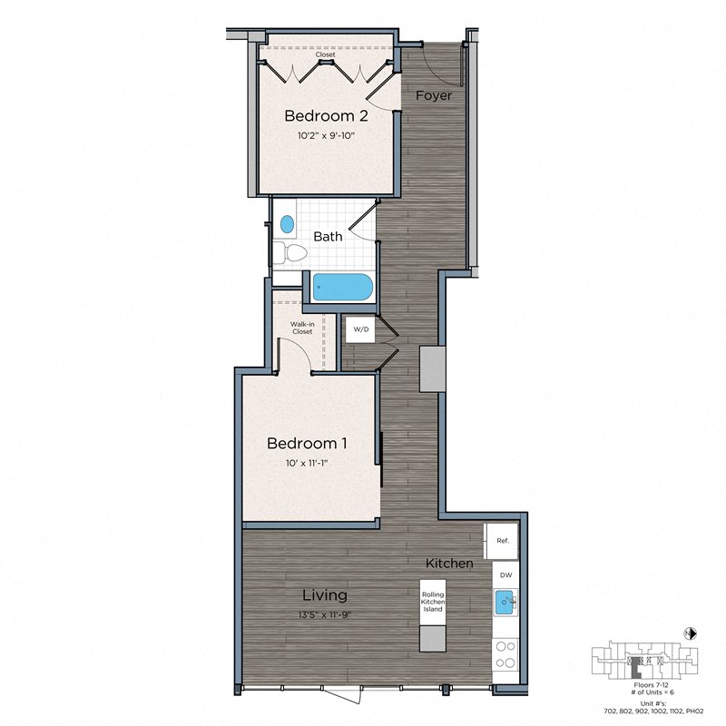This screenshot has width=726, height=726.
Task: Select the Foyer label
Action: tap(434, 95)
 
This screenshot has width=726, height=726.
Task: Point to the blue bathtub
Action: tap(343, 289)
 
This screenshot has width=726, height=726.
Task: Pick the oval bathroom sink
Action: tap(288, 223)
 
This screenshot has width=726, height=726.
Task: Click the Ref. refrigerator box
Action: tap(503, 541)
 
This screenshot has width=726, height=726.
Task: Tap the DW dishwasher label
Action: tap(505, 574)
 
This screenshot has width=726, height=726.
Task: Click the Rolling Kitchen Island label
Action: tap(433, 602)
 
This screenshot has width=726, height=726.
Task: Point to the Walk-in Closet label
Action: tap(301, 328)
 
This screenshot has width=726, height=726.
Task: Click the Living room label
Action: tap(325, 595)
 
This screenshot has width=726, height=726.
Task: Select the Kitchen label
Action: tap(449, 564)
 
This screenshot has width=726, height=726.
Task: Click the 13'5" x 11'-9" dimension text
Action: tap(323, 614)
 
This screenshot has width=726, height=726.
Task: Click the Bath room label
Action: tap(329, 236)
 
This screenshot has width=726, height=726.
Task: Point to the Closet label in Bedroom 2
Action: tap(325, 55)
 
